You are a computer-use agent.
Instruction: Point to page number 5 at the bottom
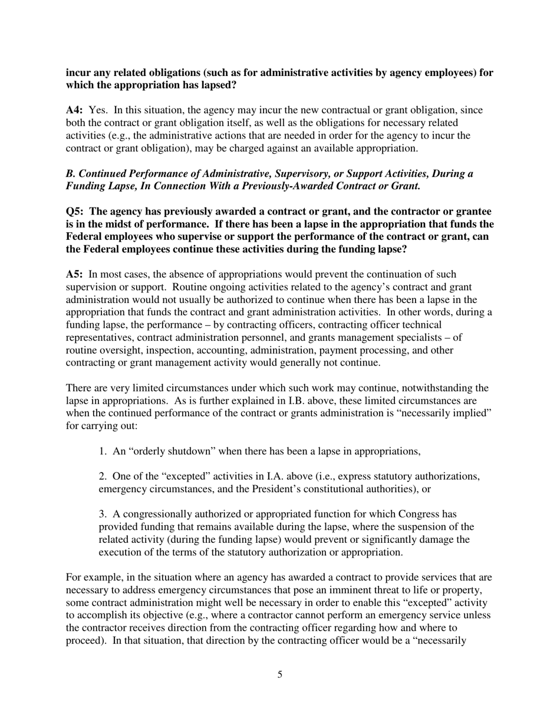pyautogui.click(x=279, y=675)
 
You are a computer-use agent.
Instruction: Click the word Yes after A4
pyautogui.click(x=97, y=111)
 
